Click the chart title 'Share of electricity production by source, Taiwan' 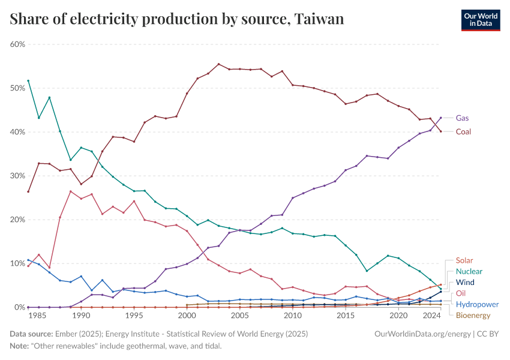tap(177, 19)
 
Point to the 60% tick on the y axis tap(17, 44)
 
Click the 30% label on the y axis tap(17, 176)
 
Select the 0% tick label tap(19, 307)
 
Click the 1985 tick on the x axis tap(38, 316)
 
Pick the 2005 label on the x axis tap(240, 316)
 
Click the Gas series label tap(463, 118)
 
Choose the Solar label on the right tap(464, 260)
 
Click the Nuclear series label tap(469, 271)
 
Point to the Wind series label tap(465, 282)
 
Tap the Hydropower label tap(476, 304)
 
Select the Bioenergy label tap(473, 315)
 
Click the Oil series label tap(461, 293)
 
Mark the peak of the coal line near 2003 tap(218, 64)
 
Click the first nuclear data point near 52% tap(28, 80)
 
